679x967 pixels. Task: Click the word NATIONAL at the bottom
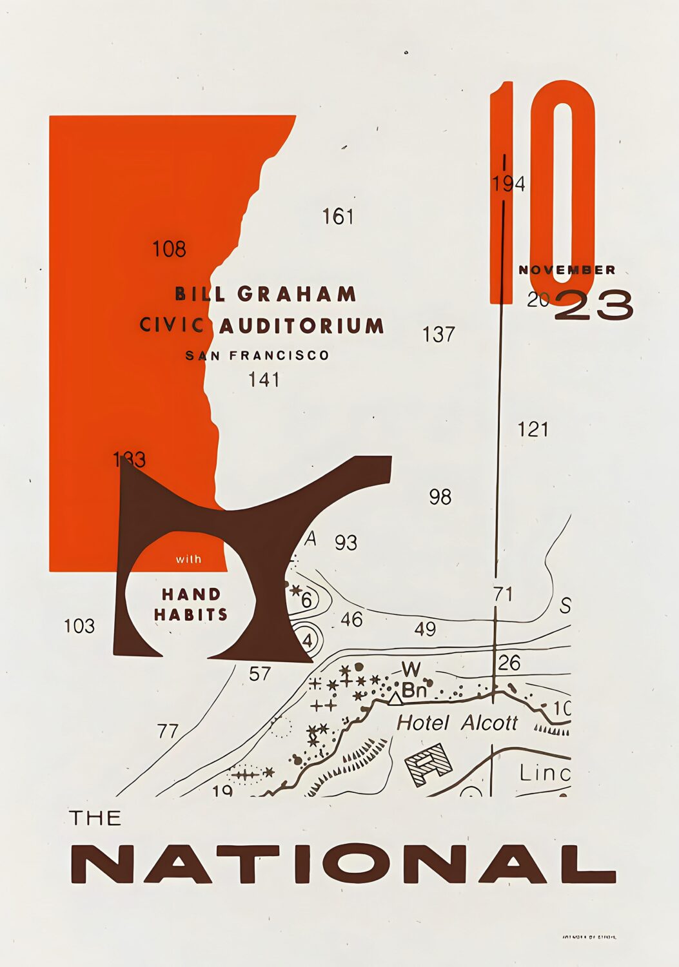(x=342, y=863)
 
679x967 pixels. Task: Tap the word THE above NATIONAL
(x=95, y=818)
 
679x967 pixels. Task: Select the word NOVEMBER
(x=567, y=269)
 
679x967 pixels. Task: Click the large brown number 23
(x=594, y=305)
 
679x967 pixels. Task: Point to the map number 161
(x=338, y=217)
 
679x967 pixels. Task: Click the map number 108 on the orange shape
(x=169, y=249)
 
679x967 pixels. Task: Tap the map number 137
(x=438, y=335)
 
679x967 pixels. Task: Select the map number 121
(x=533, y=429)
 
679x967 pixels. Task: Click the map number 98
(x=440, y=497)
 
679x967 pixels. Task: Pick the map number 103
(x=79, y=626)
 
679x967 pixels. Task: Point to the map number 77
(x=168, y=731)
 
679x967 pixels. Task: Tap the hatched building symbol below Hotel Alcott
(x=428, y=764)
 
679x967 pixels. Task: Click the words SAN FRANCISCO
(x=257, y=355)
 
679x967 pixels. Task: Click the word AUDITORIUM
(x=302, y=326)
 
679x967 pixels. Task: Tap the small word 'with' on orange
(x=188, y=559)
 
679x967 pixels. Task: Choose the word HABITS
(x=191, y=614)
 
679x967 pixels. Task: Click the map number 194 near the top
(x=508, y=184)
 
